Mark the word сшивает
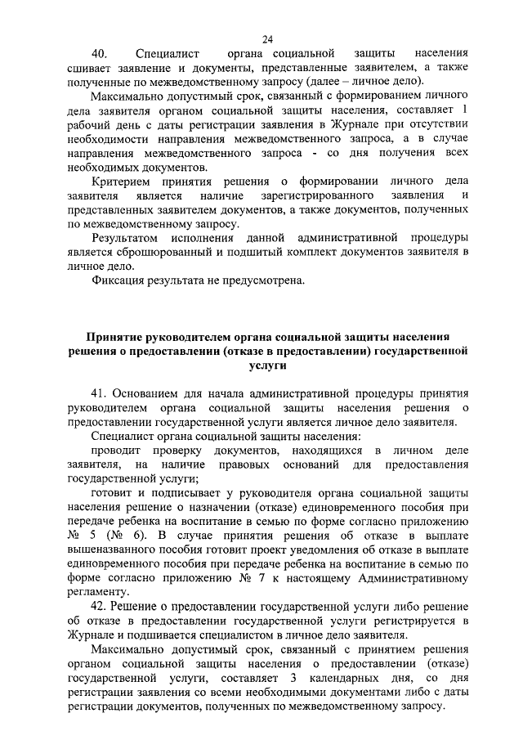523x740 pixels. pos(89,68)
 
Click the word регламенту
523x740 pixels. pos(97,593)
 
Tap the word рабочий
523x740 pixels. pos(92,124)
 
